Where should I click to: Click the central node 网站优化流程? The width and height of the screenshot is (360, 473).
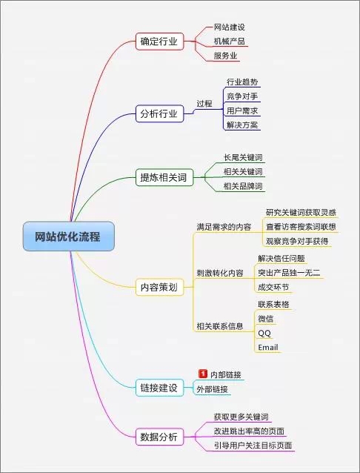[x=69, y=236]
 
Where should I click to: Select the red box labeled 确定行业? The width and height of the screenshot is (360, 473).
[x=159, y=42]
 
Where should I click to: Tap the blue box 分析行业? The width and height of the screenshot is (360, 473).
[x=159, y=113]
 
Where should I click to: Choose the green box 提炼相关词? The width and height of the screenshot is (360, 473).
[x=164, y=177]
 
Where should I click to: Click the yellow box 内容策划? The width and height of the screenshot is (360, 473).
[x=159, y=287]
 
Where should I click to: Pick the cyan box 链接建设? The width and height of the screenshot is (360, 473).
[x=159, y=388]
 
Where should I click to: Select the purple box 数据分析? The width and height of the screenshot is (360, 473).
[x=159, y=437]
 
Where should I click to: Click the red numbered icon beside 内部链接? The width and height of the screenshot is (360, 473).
[x=203, y=374]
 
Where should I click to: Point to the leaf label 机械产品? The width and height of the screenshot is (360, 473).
[x=229, y=41]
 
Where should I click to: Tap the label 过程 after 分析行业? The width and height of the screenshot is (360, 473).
[x=204, y=104]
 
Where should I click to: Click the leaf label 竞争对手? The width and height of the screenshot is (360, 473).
[x=242, y=96]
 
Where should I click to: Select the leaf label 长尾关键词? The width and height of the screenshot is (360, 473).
[x=243, y=157]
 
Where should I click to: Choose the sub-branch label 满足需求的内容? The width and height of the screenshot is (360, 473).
[x=224, y=227]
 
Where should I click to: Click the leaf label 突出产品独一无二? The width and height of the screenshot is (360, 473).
[x=289, y=273]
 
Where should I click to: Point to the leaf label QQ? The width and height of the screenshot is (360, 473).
[x=264, y=333]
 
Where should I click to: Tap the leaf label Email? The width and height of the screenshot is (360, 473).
[x=267, y=348]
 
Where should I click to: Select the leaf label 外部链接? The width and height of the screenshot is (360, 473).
[x=213, y=389]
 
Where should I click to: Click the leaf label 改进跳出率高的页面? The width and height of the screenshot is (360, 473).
[x=249, y=431]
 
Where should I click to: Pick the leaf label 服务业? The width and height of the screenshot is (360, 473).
[x=225, y=56]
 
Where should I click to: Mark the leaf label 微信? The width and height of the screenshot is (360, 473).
[x=266, y=319]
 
